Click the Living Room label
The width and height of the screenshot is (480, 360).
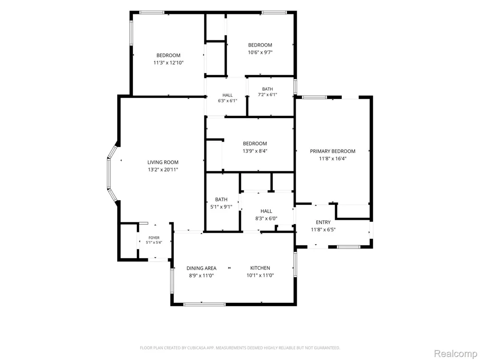(x=163, y=163)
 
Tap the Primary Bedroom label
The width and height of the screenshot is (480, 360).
(x=333, y=151)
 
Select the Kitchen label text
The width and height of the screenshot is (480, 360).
(x=260, y=268)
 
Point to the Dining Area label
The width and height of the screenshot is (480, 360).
(x=202, y=268)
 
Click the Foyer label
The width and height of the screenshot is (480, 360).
(x=154, y=238)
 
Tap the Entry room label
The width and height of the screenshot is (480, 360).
(x=323, y=223)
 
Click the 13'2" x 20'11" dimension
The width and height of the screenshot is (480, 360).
(x=163, y=170)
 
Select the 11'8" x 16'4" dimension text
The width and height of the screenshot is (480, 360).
(x=333, y=158)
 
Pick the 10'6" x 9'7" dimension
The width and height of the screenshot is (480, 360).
(x=260, y=52)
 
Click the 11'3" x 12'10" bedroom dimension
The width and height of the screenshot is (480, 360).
(x=168, y=63)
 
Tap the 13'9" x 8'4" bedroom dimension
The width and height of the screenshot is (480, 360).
(x=255, y=151)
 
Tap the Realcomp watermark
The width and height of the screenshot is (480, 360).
(x=456, y=354)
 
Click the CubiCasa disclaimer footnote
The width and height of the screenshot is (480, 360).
(x=240, y=348)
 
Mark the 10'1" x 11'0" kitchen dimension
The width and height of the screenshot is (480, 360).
(x=260, y=276)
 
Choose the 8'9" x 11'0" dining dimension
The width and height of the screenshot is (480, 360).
(x=202, y=276)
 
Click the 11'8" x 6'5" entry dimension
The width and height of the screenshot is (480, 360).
(x=323, y=230)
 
